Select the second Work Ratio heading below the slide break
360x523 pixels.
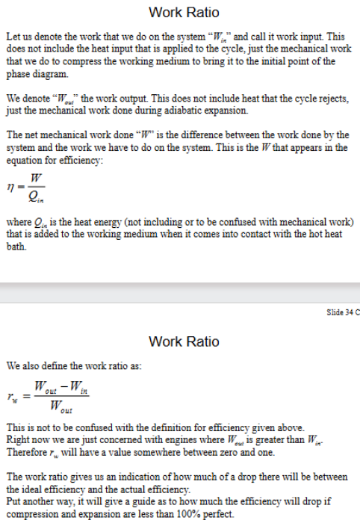pyautogui.click(x=184, y=341)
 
